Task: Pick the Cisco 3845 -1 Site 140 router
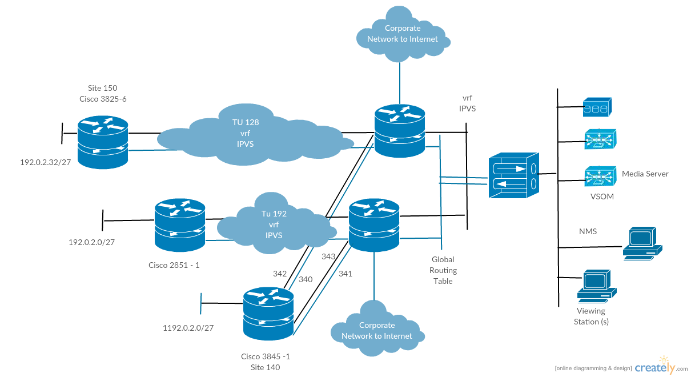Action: tap(268, 314)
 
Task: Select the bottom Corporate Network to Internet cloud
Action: tap(377, 331)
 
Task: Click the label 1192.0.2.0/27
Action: tap(188, 328)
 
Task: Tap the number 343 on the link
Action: tap(328, 257)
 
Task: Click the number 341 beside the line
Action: tap(345, 274)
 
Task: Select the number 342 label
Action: tap(280, 274)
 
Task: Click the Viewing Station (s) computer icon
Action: tap(596, 286)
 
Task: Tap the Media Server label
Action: tap(645, 174)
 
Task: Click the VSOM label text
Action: tap(602, 196)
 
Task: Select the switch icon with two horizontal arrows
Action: tap(513, 176)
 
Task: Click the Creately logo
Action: tap(660, 368)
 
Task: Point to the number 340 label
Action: tap(306, 279)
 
